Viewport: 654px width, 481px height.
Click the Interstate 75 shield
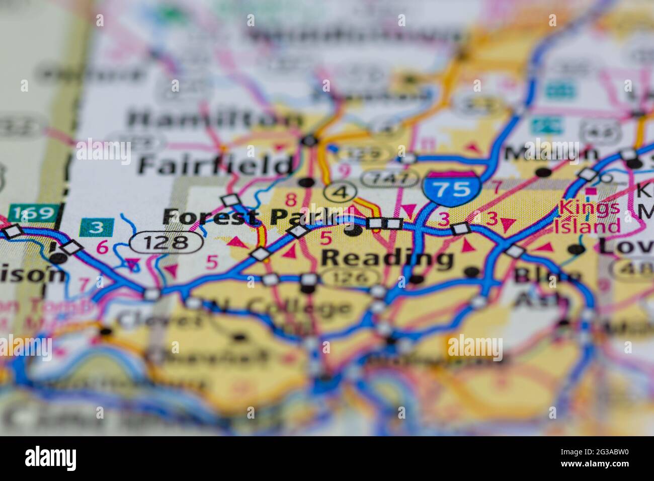click(450, 188)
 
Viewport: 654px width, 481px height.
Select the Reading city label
click(387, 258)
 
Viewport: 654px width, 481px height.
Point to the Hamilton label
click(214, 120)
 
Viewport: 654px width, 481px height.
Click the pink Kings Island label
click(589, 216)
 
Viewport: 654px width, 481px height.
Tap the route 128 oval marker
click(167, 243)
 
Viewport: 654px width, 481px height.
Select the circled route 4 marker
click(341, 192)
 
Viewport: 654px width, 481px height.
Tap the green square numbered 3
click(97, 227)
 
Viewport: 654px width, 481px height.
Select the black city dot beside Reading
click(354, 231)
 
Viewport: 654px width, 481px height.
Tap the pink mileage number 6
click(102, 248)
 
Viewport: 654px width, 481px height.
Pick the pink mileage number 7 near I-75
click(496, 187)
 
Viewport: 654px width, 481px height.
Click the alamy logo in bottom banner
click(50, 458)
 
